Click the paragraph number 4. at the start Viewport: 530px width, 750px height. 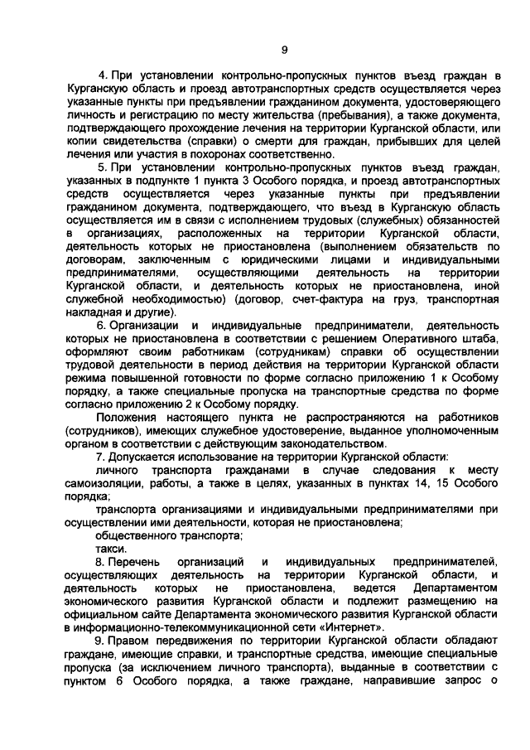coord(103,75)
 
